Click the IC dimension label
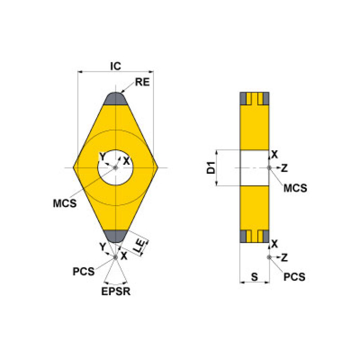pos(115,66)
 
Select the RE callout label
pos(142,82)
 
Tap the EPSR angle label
pos(116,291)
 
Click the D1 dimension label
pos(212,168)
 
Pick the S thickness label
pos(254,277)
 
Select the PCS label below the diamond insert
pos(84,271)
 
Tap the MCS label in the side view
pos(295,188)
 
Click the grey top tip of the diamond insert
pos(115,99)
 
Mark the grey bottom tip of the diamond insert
pos(115,236)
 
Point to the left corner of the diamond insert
pos(75,168)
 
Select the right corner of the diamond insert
pos(156,168)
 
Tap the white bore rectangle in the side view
pos(254,168)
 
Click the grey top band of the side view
pos(254,99)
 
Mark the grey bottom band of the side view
pos(254,237)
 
